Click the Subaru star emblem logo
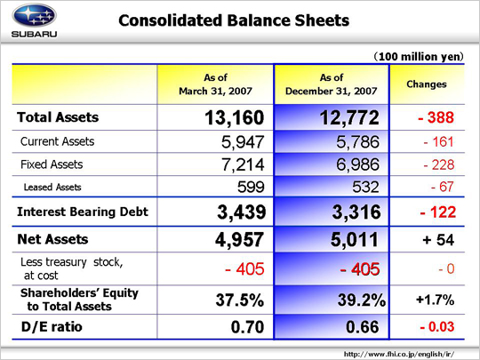click(35, 15)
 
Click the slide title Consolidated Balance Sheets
click(234, 20)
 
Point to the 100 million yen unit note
click(419, 57)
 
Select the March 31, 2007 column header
click(215, 84)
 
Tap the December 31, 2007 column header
click(332, 84)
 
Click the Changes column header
click(427, 84)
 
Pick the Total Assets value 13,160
click(234, 118)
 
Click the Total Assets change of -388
click(436, 117)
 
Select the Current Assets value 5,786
click(357, 142)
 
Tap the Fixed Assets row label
click(52, 164)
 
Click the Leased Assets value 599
click(251, 187)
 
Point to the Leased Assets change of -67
click(442, 187)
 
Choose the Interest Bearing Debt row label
click(83, 212)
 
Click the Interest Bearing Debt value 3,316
click(356, 212)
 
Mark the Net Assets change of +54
click(438, 240)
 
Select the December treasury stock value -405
click(360, 269)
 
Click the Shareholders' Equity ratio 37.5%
click(240, 300)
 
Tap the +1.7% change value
click(435, 300)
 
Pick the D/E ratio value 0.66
click(363, 327)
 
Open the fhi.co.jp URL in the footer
click(399, 354)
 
